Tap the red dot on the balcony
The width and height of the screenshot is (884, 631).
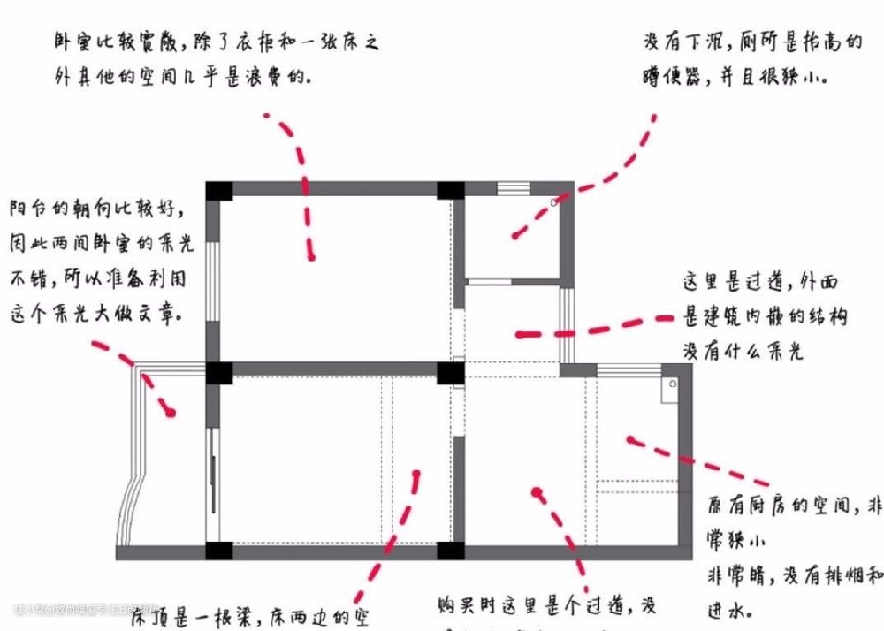(x=171, y=412)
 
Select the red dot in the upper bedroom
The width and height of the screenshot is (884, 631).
(x=311, y=256)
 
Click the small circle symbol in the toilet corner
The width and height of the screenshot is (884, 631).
(x=554, y=203)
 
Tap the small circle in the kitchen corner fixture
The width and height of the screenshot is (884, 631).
(x=672, y=385)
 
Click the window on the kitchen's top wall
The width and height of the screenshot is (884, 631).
(x=626, y=369)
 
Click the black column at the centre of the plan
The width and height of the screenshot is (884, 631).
(x=451, y=372)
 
